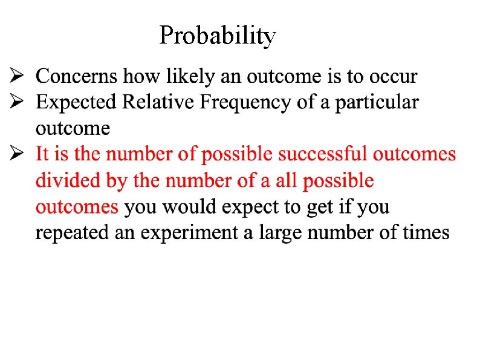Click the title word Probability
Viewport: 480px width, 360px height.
coord(218,36)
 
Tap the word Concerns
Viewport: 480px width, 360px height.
coord(77,76)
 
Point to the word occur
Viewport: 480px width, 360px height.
coord(393,77)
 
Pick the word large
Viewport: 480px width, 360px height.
coord(281,233)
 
